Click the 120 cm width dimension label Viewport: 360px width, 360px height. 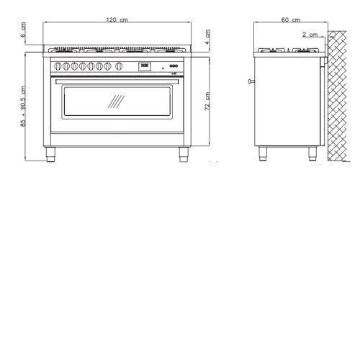(117, 19)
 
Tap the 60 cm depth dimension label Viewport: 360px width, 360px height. (291, 19)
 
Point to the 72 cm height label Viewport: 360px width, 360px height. (207, 102)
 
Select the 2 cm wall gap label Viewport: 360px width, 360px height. (310, 35)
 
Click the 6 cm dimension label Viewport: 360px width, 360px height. (23, 30)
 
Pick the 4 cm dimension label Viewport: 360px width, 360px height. (207, 37)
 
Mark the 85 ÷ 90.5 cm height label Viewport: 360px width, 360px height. (23, 107)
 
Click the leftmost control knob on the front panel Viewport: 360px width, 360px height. (58, 66)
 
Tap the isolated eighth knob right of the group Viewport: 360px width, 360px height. (119, 66)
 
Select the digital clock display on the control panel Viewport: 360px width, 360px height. (145, 66)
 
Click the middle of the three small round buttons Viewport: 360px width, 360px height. (174, 66)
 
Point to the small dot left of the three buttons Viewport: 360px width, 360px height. (163, 68)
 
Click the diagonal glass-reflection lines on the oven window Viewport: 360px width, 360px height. (116, 102)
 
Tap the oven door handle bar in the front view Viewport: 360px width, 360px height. (117, 81)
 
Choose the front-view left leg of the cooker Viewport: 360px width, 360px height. (50, 154)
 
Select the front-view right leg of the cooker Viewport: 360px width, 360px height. (184, 154)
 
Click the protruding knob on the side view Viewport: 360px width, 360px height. (251, 81)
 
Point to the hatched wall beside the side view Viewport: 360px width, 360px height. (337, 96)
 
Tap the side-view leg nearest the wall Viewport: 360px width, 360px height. (312, 153)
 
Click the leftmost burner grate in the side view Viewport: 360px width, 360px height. (271, 50)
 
